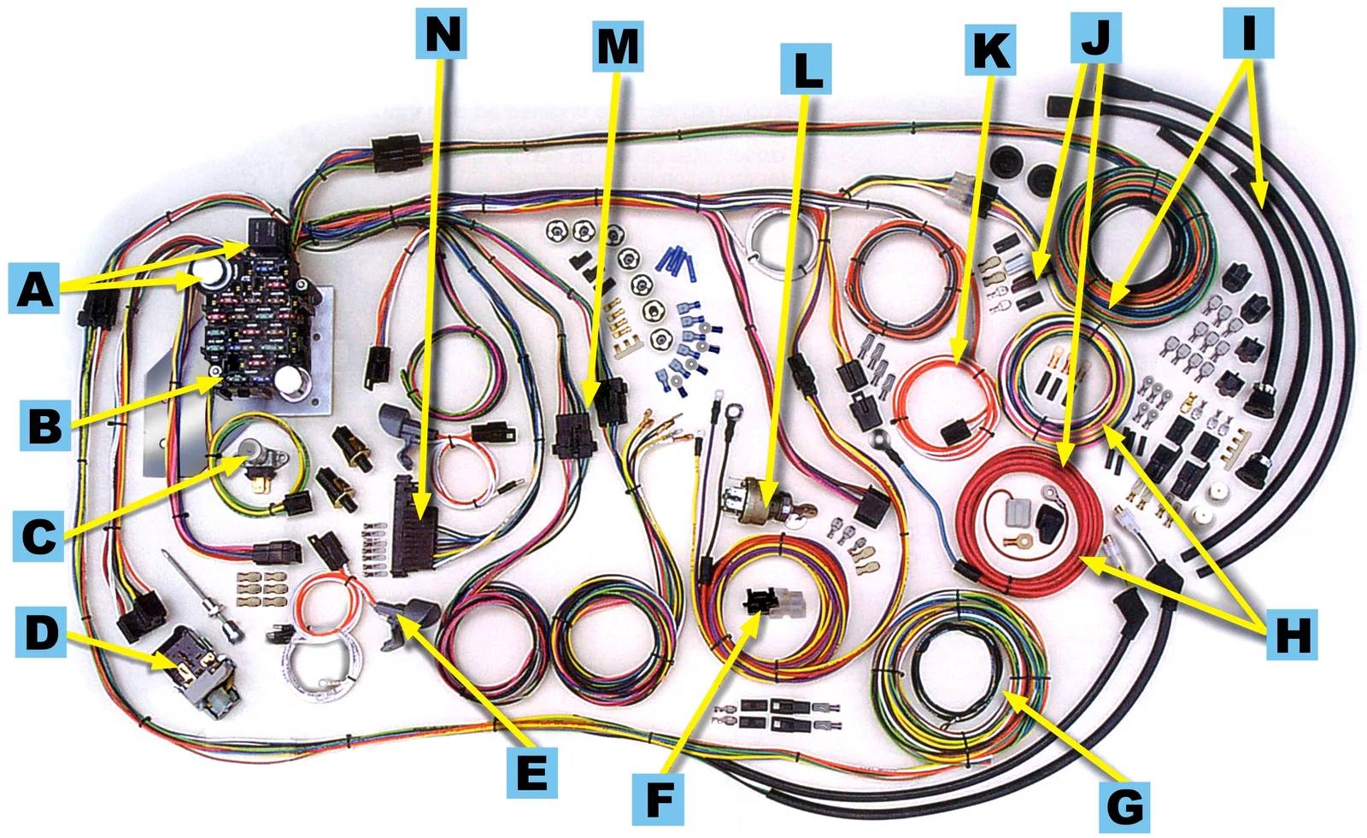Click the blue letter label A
pyautogui.click(x=33, y=288)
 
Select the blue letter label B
pyautogui.click(x=44, y=425)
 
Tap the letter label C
pyautogui.click(x=38, y=536)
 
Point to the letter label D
pyautogui.click(x=41, y=632)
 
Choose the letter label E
pyautogui.click(x=531, y=773)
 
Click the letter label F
pyautogui.click(x=658, y=800)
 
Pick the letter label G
pyautogui.click(x=1124, y=807)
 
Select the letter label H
pyautogui.click(x=1292, y=634)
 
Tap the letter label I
pyautogui.click(x=1248, y=33)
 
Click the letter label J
pyautogui.click(x=1096, y=38)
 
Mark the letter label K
pyautogui.click(x=990, y=50)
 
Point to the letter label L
pyautogui.click(x=806, y=69)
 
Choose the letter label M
pyautogui.click(x=618, y=46)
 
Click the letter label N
pyautogui.click(x=441, y=33)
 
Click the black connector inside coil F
pyautogui.click(x=760, y=601)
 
